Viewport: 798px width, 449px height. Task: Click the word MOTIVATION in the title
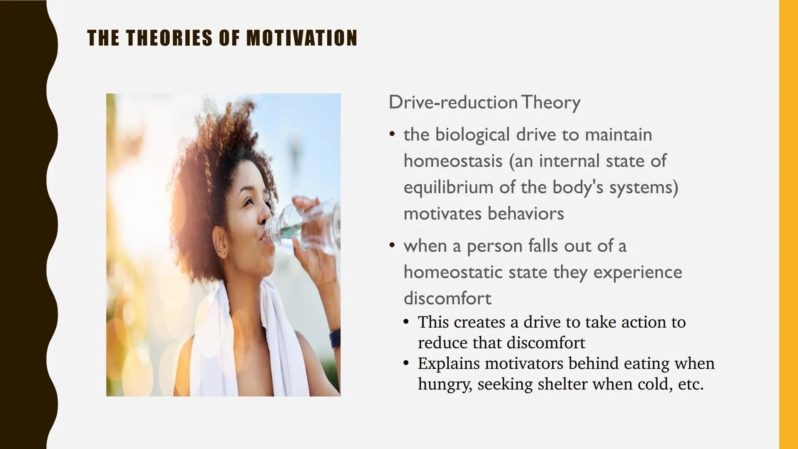pos(302,38)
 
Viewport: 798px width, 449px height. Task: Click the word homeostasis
pos(453,161)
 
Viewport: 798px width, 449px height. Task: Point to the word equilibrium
pos(448,187)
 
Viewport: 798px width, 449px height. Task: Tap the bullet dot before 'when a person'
pos(392,245)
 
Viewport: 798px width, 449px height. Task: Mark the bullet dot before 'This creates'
pos(406,322)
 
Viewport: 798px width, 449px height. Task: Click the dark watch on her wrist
pos(336,339)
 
